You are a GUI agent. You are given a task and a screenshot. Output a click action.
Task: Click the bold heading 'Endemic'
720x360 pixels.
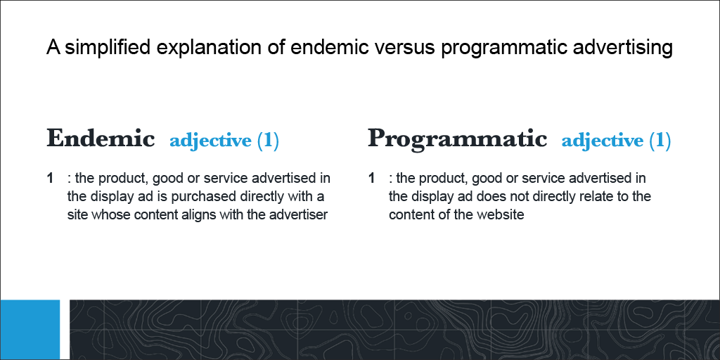(x=101, y=139)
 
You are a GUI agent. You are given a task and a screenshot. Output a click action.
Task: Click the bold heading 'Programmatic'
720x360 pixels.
(x=457, y=139)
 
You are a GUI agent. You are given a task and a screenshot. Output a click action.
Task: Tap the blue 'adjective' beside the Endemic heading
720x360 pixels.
(x=210, y=141)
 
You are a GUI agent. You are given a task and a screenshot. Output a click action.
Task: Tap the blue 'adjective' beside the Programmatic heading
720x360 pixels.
(x=602, y=141)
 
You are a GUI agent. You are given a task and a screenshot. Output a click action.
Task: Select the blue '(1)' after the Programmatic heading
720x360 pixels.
(x=660, y=141)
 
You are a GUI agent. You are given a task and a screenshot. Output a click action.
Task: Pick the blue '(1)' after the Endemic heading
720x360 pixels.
(x=268, y=141)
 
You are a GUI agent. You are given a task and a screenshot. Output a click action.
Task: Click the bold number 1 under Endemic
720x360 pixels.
(x=51, y=179)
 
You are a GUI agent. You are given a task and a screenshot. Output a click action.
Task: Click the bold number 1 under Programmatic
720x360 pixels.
(x=372, y=179)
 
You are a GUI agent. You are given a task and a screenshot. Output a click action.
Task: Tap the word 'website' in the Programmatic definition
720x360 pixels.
(x=501, y=215)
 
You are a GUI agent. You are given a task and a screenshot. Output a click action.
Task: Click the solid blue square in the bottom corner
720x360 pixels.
(x=30, y=330)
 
